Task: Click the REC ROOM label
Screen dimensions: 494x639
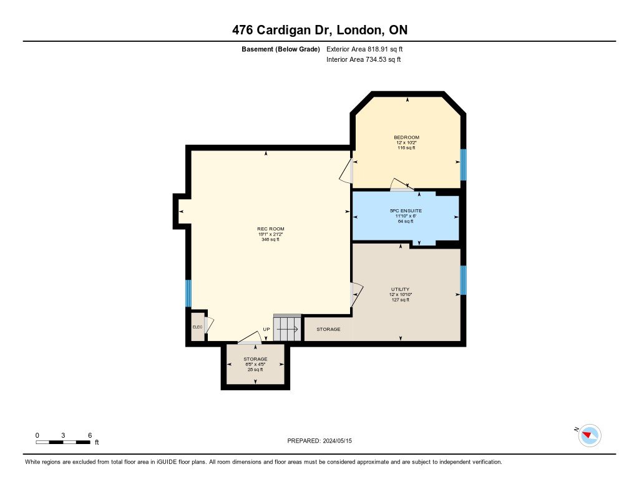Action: point(270,229)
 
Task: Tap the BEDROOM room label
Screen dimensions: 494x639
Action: point(406,137)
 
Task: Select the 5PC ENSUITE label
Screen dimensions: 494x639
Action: point(406,210)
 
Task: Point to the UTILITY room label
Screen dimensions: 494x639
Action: point(400,289)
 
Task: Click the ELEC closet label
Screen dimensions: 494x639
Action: point(197,327)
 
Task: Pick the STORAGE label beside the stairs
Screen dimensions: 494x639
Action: point(328,329)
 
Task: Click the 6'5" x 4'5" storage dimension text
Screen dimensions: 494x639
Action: point(255,365)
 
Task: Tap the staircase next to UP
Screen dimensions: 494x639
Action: point(288,328)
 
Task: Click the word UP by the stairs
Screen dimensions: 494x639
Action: point(266,329)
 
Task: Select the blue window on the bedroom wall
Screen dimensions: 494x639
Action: point(463,164)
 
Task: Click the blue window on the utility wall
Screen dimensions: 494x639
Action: point(463,280)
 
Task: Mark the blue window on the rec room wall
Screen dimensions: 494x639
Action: point(188,293)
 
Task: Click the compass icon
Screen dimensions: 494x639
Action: point(590,435)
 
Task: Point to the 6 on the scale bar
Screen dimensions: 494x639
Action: point(90,435)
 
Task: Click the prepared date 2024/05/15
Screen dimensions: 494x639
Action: point(342,441)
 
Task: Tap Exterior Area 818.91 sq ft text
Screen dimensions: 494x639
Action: point(369,49)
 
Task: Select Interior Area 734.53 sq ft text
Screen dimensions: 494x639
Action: point(363,60)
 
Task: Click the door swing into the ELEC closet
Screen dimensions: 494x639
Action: point(210,325)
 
